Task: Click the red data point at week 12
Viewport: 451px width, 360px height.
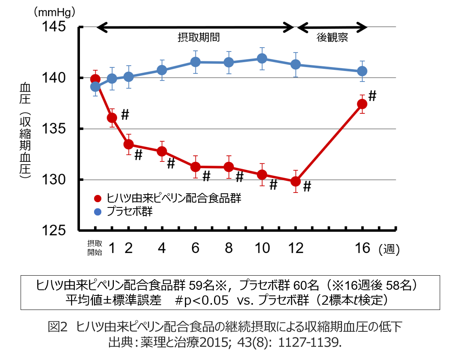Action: point(296,181)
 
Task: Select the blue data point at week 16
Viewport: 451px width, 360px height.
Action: point(363,71)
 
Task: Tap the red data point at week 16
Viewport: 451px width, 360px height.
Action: point(363,104)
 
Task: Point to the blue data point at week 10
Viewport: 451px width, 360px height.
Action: point(262,59)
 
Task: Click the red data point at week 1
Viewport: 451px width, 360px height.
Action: point(112,117)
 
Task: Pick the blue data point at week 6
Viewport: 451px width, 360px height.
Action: point(195,62)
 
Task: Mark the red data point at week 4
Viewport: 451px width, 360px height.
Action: point(162,151)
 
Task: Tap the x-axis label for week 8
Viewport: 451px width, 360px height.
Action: point(229,248)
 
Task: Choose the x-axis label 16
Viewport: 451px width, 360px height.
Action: point(363,248)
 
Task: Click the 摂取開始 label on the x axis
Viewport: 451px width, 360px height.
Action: point(95,248)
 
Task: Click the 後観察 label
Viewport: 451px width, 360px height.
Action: point(332,38)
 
